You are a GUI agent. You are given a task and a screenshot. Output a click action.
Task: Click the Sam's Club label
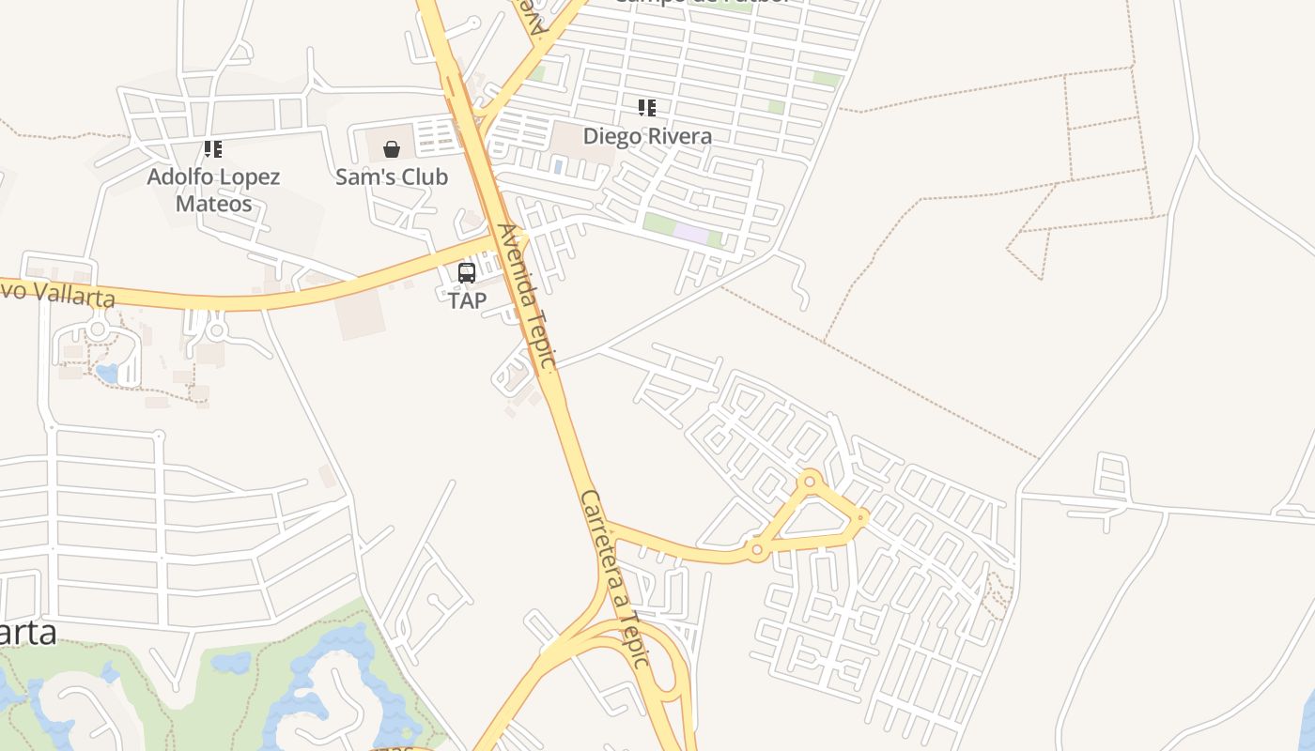pos(392,176)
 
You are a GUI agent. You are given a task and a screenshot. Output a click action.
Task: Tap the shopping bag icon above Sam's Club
pos(392,149)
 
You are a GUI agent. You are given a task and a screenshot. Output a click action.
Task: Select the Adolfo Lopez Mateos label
pos(213,190)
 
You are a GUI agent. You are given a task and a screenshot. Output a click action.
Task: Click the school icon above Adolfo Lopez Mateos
pos(213,149)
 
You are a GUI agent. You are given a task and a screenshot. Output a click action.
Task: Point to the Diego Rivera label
pos(647,136)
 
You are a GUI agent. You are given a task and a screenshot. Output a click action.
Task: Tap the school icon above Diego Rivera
pos(647,108)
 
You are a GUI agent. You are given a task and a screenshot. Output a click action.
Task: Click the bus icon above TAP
pos(467,273)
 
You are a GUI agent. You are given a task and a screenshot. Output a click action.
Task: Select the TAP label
pos(467,300)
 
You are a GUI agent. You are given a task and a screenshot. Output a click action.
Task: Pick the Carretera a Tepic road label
pos(615,577)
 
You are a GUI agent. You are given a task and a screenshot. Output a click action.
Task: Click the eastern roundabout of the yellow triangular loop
pos(861,516)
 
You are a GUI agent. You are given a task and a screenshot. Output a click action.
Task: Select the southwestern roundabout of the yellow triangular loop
pos(756,549)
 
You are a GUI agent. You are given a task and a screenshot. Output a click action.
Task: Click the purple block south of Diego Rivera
pos(691,235)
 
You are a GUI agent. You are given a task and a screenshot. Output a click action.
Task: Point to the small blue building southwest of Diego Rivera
pos(558,167)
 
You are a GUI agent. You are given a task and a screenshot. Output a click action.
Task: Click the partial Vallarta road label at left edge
pos(56,292)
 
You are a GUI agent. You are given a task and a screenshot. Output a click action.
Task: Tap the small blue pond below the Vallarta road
pos(106,374)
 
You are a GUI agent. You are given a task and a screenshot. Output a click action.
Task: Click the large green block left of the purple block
pos(659,224)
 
